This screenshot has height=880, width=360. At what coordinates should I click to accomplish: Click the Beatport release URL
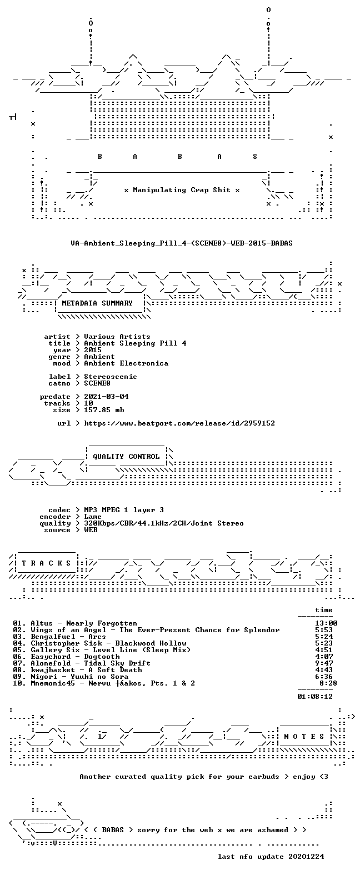tap(179, 423)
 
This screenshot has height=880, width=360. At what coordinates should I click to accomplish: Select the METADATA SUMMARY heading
tap(97, 303)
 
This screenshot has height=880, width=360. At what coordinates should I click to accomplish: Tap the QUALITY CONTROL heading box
tap(126, 457)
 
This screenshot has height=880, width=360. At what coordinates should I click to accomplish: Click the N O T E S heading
tap(304, 736)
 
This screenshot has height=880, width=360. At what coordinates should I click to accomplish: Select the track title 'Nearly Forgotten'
tap(102, 623)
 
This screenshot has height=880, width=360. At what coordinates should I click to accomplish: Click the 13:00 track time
tap(326, 623)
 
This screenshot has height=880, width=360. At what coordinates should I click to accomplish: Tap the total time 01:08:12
tap(315, 697)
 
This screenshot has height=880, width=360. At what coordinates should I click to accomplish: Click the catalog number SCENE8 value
tap(97, 383)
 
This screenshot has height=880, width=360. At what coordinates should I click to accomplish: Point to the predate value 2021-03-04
tap(106, 397)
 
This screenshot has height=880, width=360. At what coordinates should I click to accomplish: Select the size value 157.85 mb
tap(104, 410)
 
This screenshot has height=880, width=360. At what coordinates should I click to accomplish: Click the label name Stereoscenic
tap(111, 376)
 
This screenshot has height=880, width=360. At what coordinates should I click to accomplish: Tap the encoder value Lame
tap(93, 517)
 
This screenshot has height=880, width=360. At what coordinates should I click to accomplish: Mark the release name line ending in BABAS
tap(182, 243)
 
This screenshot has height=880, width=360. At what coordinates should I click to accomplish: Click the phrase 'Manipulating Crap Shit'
tap(182, 190)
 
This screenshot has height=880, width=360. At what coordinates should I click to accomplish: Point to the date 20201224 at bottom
tap(306, 857)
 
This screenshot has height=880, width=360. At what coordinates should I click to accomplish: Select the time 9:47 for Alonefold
tap(324, 663)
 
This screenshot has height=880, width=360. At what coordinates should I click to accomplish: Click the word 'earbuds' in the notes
tap(264, 776)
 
